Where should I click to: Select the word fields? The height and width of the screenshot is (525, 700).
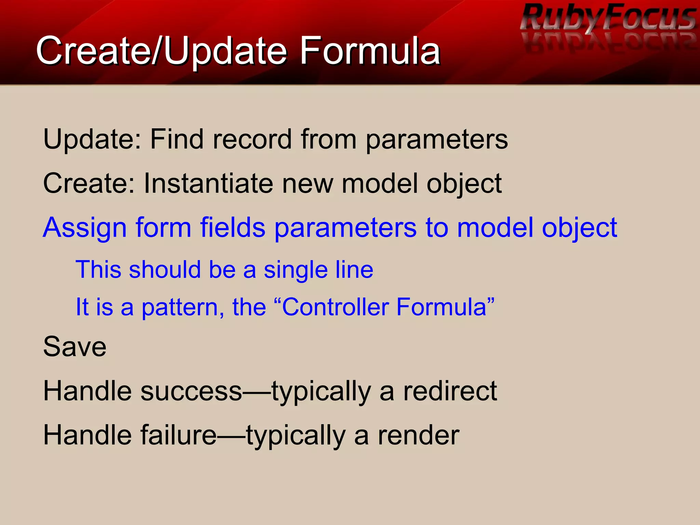[x=233, y=227]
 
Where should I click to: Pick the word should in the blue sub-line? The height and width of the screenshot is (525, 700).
[x=165, y=270]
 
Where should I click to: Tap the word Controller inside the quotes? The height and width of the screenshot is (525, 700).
[x=336, y=307]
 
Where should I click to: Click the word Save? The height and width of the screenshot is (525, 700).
[x=75, y=347]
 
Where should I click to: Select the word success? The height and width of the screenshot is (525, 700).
[x=191, y=391]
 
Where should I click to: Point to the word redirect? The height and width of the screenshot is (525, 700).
[x=450, y=391]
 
